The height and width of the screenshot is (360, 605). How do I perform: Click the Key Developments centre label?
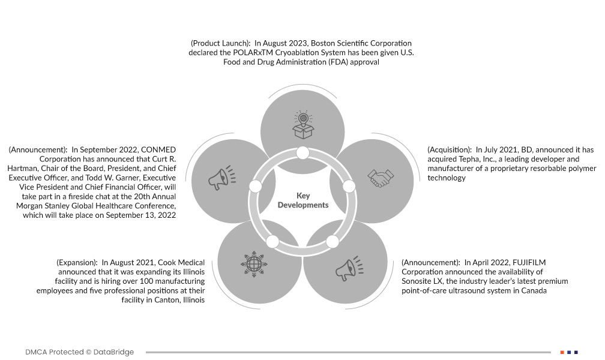302,200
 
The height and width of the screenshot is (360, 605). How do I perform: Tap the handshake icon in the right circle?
381,178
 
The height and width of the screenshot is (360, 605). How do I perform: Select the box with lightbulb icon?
302,124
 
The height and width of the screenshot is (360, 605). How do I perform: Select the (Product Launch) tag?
220,43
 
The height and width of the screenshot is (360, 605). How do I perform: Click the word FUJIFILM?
529,263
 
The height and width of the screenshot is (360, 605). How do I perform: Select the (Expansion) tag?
77,263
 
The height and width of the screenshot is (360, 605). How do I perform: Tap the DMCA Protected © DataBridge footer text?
80,352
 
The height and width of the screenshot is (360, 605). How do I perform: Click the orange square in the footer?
562,352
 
